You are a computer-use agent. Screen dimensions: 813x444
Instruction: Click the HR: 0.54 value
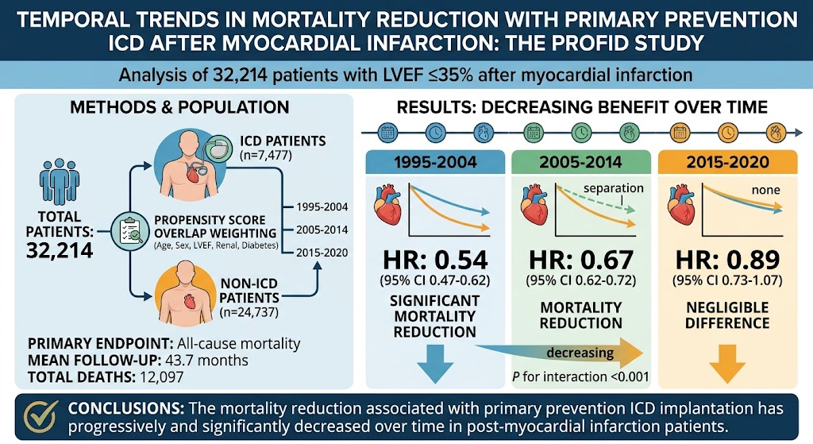pyautogui.click(x=435, y=260)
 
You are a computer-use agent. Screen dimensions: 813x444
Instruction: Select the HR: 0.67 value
pyautogui.click(x=580, y=260)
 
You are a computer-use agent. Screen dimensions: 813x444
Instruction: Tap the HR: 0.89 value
pyautogui.click(x=727, y=260)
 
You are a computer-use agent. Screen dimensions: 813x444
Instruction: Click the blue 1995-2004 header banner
pyautogui.click(x=435, y=162)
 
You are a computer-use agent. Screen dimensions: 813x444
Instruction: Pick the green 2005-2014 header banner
pyautogui.click(x=580, y=162)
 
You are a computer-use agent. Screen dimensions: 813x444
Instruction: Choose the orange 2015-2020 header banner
pyautogui.click(x=727, y=162)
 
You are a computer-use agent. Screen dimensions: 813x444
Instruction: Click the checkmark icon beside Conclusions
pyautogui.click(x=41, y=417)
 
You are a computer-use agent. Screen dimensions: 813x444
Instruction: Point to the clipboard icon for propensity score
pyautogui.click(x=130, y=232)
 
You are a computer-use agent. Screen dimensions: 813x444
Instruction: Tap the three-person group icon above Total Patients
pyautogui.click(x=59, y=181)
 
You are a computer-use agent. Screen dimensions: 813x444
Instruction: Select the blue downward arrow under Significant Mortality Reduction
pyautogui.click(x=435, y=364)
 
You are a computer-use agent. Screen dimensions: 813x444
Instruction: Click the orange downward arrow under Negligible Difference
pyautogui.click(x=727, y=364)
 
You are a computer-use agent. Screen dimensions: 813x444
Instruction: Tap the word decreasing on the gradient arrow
pyautogui.click(x=580, y=353)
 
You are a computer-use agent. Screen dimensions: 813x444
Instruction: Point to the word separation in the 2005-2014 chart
pyautogui.click(x=614, y=188)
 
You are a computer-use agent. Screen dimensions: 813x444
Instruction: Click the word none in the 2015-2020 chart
pyautogui.click(x=766, y=190)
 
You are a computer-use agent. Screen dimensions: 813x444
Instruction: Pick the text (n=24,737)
pyautogui.click(x=249, y=312)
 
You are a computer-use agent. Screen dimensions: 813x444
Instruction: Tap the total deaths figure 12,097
pyautogui.click(x=161, y=376)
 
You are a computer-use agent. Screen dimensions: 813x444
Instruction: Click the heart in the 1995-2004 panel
pyautogui.click(x=387, y=206)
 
